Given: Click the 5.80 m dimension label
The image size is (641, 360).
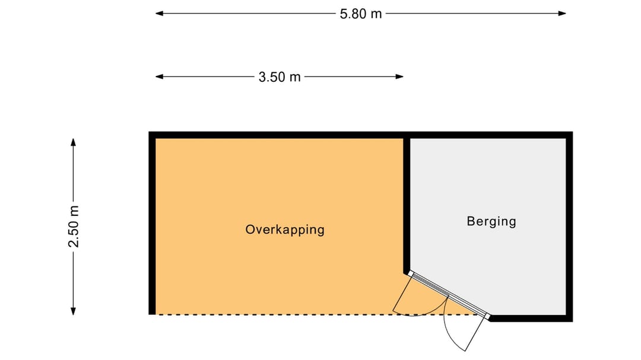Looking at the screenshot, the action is [361, 14].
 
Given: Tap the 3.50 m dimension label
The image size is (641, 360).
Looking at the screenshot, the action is [280, 77].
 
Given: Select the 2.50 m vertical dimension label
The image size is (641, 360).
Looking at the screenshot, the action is [74, 227].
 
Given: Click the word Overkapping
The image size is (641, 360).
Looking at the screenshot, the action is [285, 230].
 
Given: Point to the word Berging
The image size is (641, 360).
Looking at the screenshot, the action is [491, 221].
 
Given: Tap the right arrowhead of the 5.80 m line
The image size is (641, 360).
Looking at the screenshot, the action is [562, 14].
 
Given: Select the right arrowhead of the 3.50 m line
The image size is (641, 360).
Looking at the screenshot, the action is [399, 77].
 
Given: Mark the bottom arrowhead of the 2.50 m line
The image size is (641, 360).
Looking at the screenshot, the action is [73, 311].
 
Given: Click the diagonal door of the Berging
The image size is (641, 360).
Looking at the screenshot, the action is [449, 295].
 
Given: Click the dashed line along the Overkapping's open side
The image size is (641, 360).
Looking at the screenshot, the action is [317, 315].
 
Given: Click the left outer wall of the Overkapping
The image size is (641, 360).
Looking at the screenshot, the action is [152, 223].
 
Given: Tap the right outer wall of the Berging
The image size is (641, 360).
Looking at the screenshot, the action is [569, 227].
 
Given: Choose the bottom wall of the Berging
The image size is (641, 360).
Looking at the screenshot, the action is [530, 318].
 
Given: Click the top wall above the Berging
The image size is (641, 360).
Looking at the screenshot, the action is [488, 135].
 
